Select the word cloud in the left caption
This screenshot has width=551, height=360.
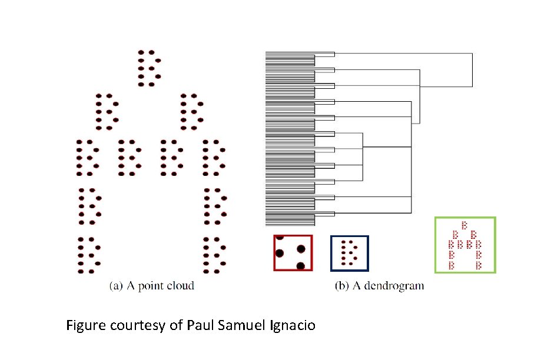point(180,286)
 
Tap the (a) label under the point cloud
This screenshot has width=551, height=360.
point(117,286)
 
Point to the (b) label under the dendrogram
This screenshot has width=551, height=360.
point(341,286)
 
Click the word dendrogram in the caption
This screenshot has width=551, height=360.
point(396,286)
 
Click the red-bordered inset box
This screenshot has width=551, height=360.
point(293,252)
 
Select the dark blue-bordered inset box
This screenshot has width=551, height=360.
point(350,253)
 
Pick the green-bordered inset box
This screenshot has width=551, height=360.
point(465,245)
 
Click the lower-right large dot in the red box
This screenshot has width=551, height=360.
point(301,266)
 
